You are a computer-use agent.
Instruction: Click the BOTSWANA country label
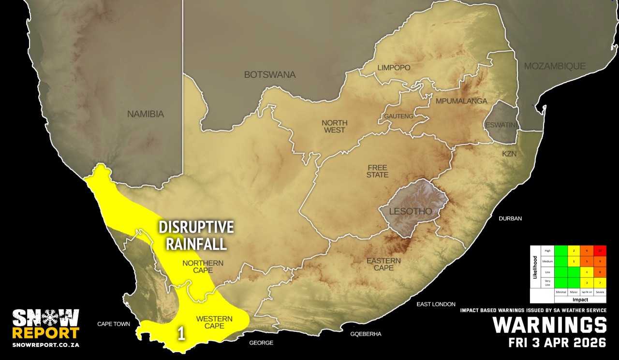[269, 75]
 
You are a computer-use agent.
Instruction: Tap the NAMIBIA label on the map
[146, 115]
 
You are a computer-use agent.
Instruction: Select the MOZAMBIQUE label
[555, 66]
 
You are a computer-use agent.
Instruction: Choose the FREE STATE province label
[377, 171]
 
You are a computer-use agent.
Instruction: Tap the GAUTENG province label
[398, 116]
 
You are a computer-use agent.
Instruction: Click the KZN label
[509, 153]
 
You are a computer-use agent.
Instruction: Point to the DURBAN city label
[511, 218]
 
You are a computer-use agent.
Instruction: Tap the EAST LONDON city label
[436, 304]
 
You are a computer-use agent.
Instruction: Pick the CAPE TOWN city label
[114, 324]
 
